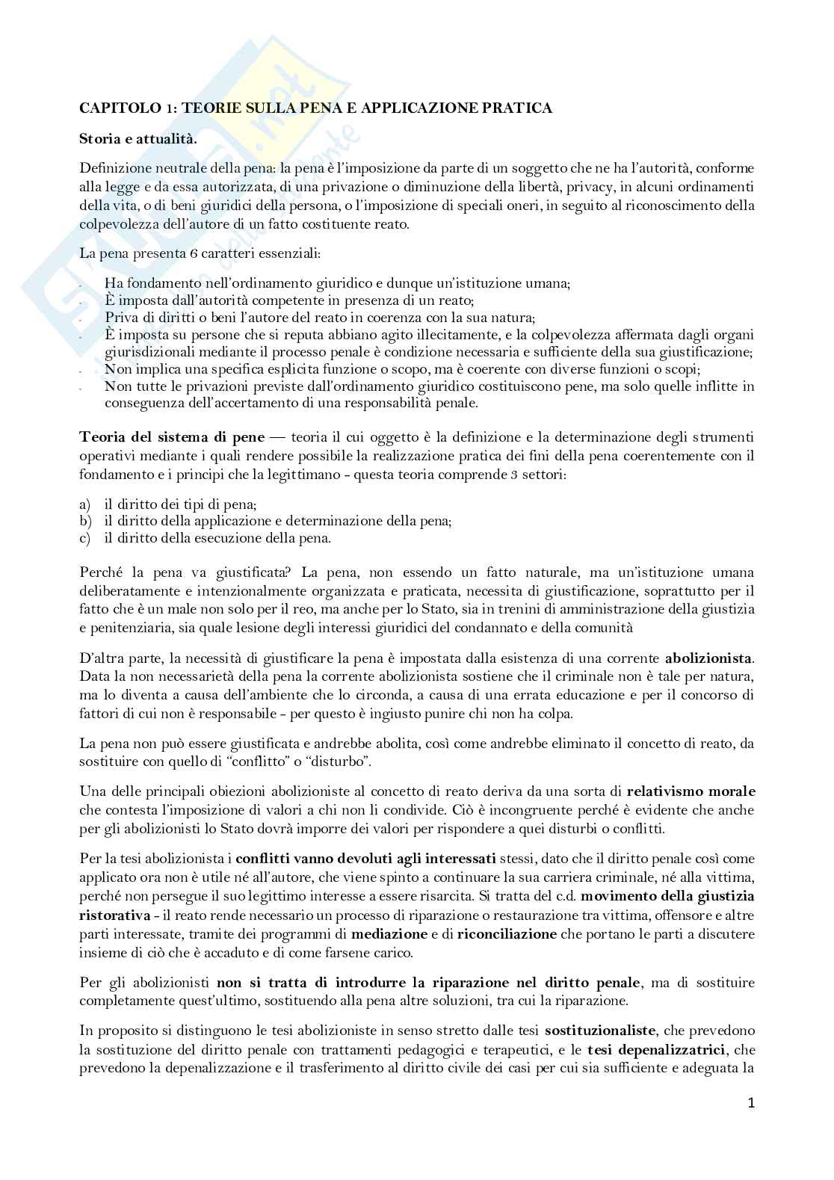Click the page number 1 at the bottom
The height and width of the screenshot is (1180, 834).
tap(751, 1102)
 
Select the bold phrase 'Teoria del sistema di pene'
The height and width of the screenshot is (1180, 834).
tap(171, 437)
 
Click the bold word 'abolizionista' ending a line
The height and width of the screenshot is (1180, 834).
tap(709, 658)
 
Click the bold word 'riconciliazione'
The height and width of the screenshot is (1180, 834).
tap(507, 934)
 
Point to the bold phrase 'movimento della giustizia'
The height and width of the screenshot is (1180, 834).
tap(667, 896)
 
